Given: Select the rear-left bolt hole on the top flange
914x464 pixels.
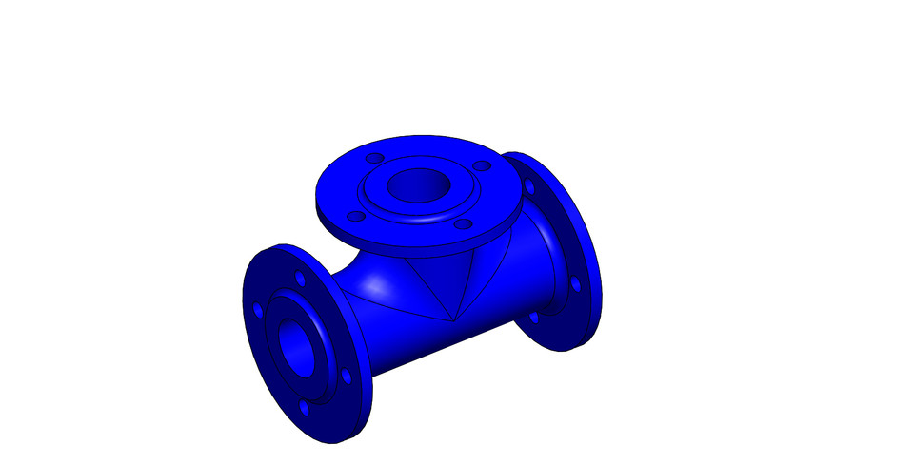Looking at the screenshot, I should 374,157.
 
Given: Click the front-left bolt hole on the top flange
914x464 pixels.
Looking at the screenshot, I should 354,215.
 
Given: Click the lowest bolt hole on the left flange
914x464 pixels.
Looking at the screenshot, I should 305,408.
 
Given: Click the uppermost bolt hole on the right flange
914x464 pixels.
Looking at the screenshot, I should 530,185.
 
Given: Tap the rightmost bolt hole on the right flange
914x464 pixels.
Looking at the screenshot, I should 576,283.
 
